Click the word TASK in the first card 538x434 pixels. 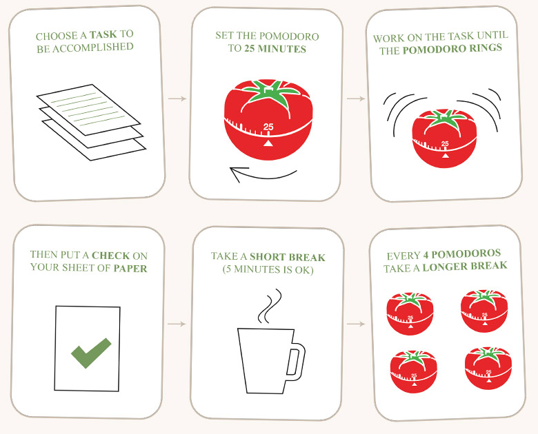[103, 34]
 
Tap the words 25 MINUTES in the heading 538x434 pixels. [275, 49]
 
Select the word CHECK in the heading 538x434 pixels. [111, 256]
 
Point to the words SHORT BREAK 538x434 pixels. [288, 257]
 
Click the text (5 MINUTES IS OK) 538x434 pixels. [268, 270]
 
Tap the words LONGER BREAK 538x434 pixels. [465, 267]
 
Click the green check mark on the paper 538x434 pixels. [91, 353]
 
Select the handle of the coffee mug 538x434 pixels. [297, 362]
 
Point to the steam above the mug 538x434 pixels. [270, 306]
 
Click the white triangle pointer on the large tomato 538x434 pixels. [268, 143]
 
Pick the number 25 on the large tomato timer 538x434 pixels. [268, 127]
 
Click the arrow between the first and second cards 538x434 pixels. [177, 99]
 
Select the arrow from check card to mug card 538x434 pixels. [177, 324]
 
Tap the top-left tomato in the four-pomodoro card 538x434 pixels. [410, 313]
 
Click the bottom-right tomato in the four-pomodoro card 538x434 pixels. [488, 368]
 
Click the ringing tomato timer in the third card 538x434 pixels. [444, 138]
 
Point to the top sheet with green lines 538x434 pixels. [88, 110]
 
